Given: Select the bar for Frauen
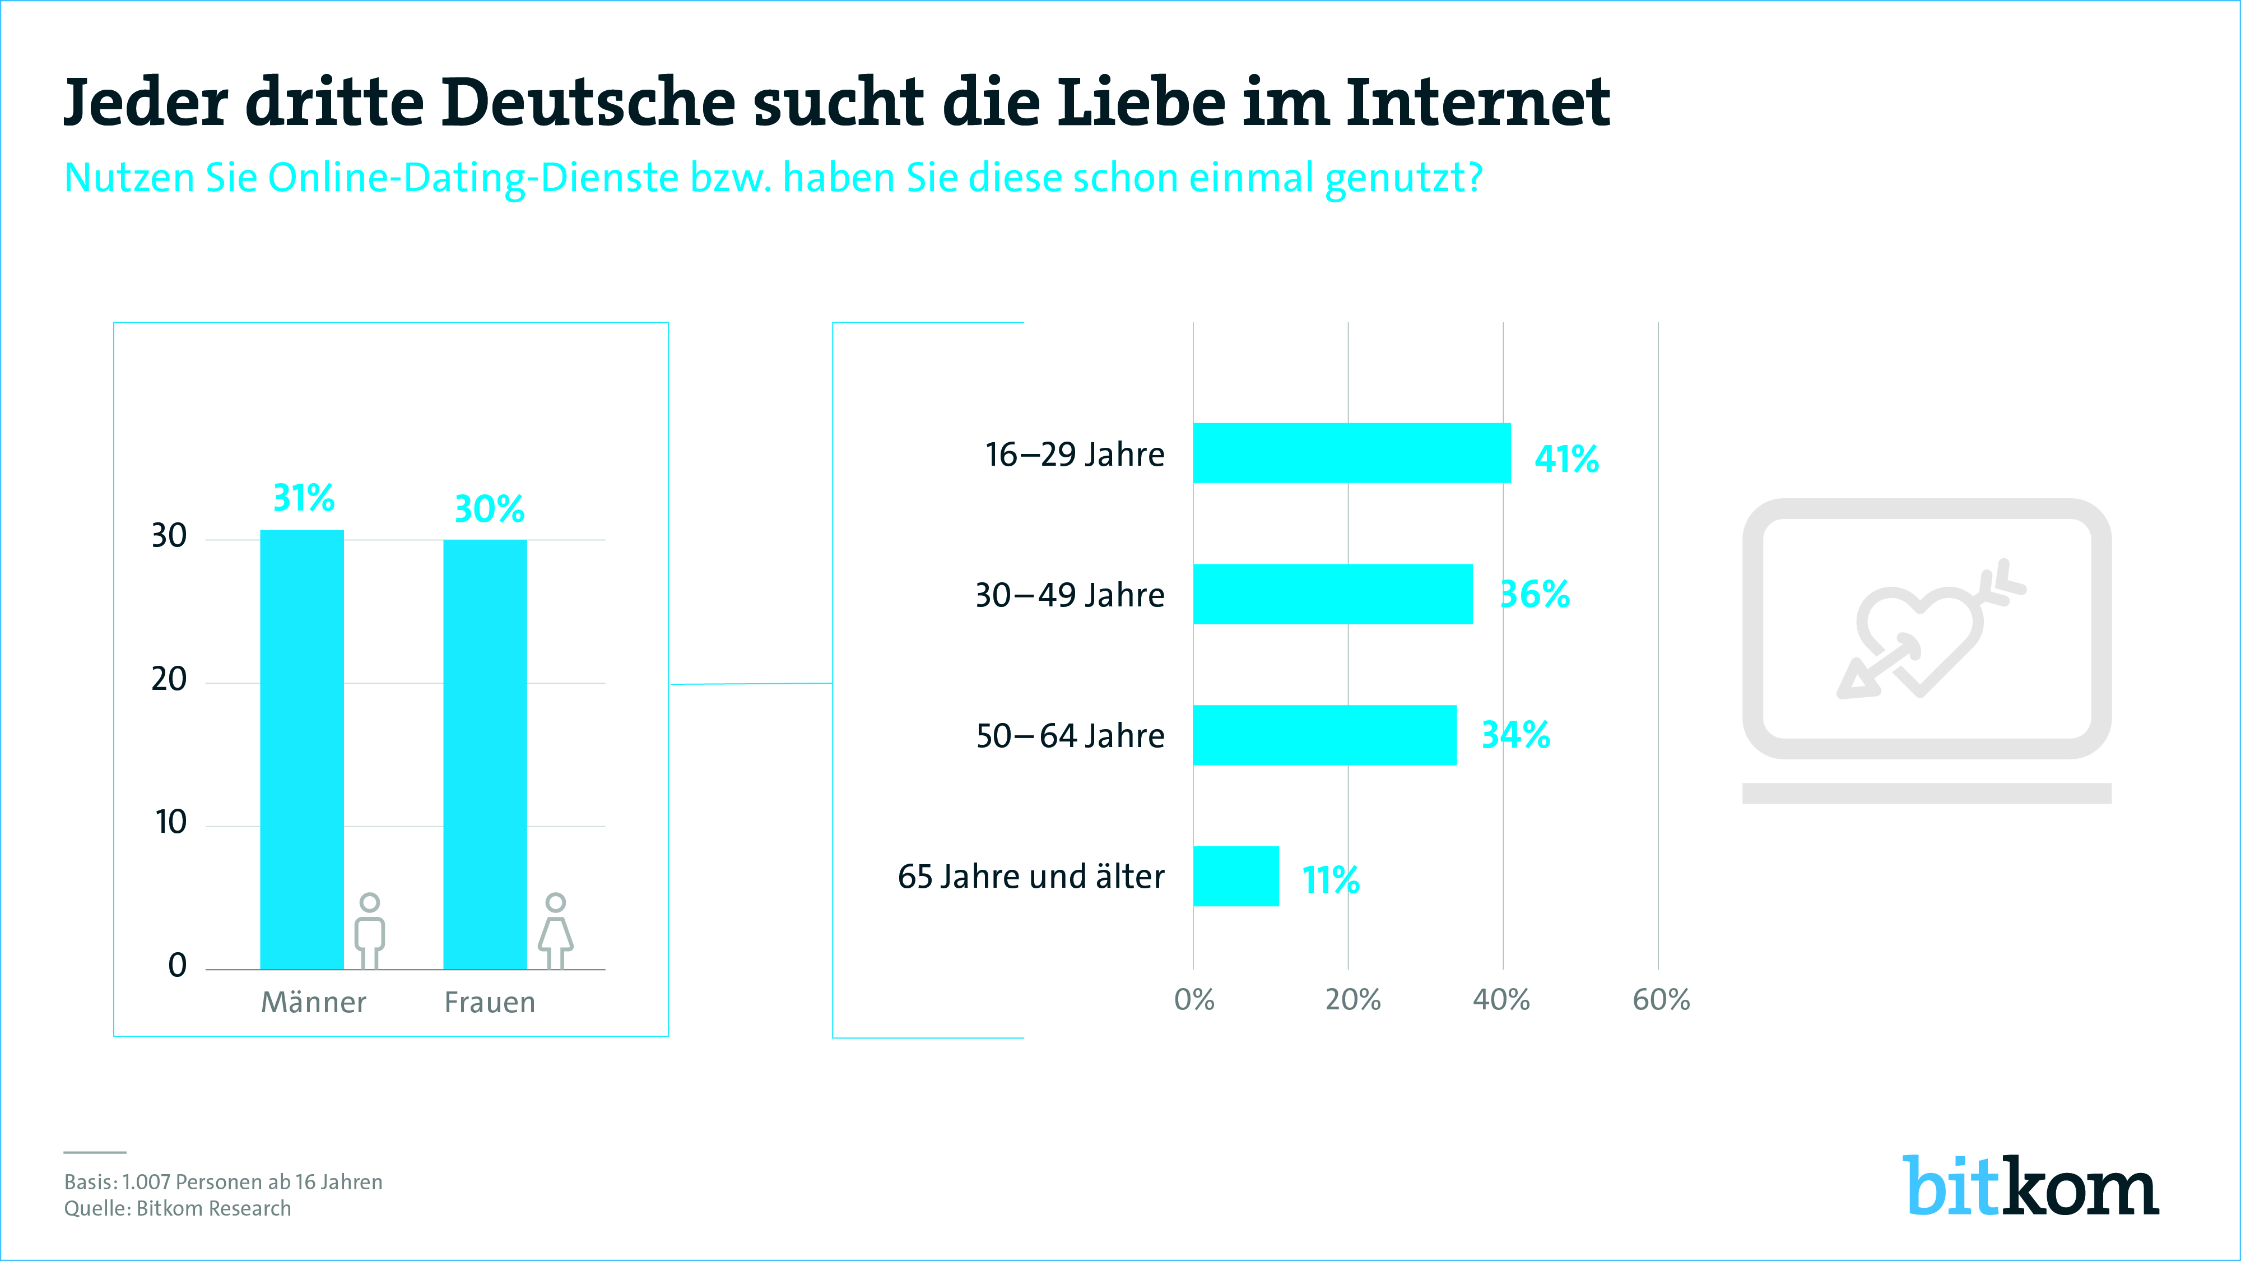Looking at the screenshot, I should [485, 754].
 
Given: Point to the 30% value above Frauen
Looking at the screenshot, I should [489, 509].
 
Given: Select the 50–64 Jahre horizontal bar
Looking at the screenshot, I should [1324, 735].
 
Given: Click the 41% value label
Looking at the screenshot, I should [1566, 458].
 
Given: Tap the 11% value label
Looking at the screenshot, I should [1330, 880].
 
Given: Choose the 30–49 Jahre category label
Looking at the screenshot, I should [1069, 595].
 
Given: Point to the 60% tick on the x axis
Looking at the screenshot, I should [1661, 1000].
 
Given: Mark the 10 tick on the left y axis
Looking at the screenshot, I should [170, 822].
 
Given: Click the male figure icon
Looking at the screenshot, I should [370, 929].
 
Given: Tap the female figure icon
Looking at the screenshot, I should [555, 929].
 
